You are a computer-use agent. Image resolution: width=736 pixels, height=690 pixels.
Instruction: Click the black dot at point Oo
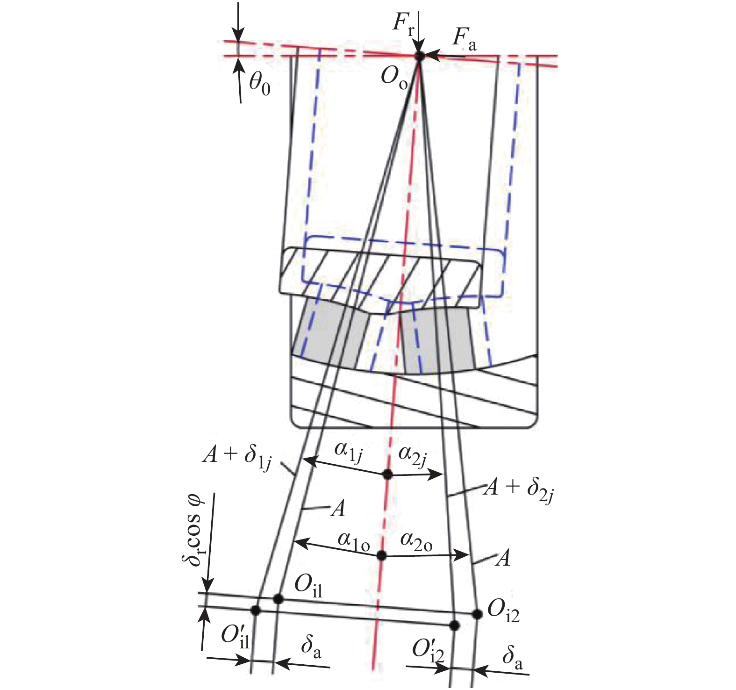[420, 56]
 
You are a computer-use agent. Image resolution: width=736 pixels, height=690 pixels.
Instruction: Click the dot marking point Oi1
[279, 599]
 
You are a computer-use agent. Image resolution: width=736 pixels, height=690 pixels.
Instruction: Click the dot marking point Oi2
[477, 614]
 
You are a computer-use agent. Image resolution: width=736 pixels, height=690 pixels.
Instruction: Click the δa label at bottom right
[512, 658]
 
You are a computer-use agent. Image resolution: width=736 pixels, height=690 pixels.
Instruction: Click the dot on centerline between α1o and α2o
[382, 556]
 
